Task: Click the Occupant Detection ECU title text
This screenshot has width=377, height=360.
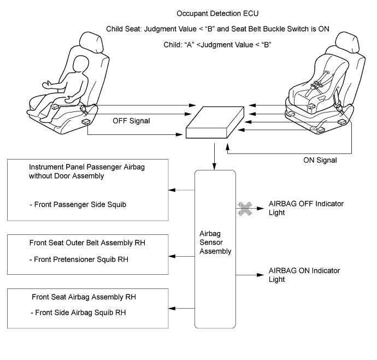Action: (217, 14)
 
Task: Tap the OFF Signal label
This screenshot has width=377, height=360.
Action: (131, 121)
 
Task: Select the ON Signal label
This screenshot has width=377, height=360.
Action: (320, 160)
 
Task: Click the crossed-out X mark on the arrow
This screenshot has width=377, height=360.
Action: (245, 208)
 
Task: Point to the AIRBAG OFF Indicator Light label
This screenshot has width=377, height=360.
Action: (306, 208)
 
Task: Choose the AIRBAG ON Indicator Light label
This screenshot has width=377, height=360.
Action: (304, 275)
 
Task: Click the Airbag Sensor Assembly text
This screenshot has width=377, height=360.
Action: (215, 242)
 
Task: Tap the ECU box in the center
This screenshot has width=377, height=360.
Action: (215, 122)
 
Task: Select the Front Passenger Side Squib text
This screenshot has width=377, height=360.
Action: (78, 204)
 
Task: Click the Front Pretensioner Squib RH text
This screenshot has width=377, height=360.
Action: (79, 259)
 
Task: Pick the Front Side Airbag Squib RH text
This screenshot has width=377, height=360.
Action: (78, 312)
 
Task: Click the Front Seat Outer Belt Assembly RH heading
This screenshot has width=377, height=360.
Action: (87, 243)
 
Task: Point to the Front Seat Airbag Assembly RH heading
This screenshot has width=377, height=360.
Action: (84, 297)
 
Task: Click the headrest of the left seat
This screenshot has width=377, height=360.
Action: (91, 42)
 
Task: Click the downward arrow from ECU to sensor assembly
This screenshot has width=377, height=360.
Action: (214, 156)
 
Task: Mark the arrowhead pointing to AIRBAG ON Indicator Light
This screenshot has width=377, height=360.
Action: (261, 275)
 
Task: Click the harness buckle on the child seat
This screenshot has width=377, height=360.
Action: (317, 85)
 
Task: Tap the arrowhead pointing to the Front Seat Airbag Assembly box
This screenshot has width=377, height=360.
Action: (172, 308)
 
